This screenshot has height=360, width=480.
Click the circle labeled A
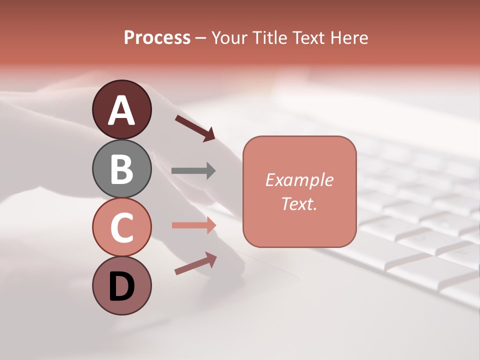(121, 109)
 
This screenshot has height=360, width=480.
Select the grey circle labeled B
(121, 168)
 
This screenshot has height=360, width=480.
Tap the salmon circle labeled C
(121, 227)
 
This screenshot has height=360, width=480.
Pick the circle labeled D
(121, 285)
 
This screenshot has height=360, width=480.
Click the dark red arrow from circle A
(195, 128)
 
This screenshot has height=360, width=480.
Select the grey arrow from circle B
(193, 170)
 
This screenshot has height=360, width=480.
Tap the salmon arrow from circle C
(193, 225)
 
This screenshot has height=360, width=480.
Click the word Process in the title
(157, 37)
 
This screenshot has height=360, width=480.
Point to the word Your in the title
(228, 37)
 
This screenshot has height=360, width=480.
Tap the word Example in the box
(299, 180)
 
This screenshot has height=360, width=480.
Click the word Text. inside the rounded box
(299, 203)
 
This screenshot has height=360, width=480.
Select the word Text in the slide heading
(308, 37)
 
